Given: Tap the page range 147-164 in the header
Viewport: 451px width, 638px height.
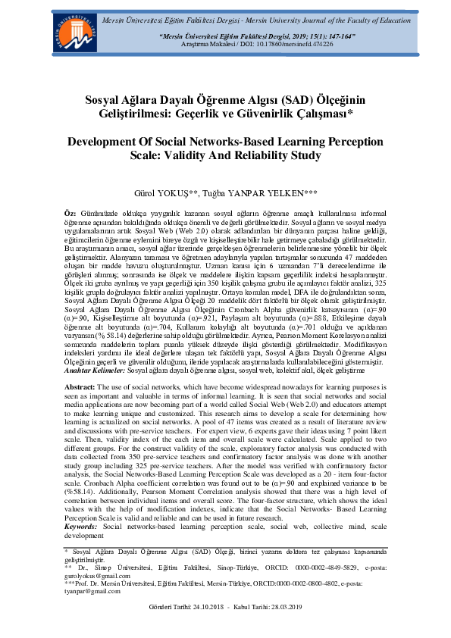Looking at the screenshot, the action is click(317, 36).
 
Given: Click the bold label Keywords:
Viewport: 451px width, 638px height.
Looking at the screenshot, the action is click(80, 525).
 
